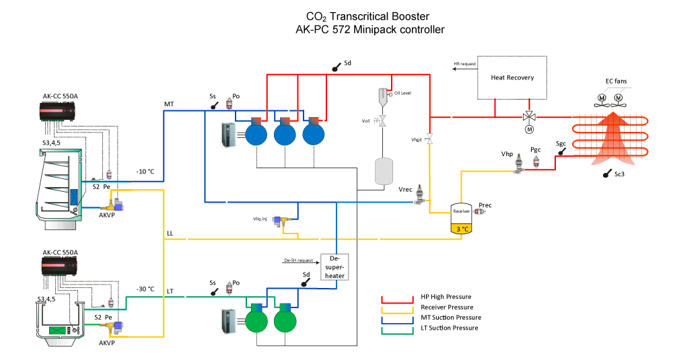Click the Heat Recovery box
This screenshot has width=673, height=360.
pyautogui.click(x=512, y=77)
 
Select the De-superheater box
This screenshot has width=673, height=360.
pyautogui.click(x=334, y=266)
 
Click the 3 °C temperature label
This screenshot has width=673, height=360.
pyautogui.click(x=462, y=229)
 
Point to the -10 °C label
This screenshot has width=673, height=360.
pyautogui.click(x=145, y=172)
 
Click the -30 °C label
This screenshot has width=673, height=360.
pyautogui.click(x=145, y=289)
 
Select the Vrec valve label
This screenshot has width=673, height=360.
pyautogui.click(x=406, y=190)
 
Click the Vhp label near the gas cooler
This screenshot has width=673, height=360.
pyautogui.click(x=507, y=154)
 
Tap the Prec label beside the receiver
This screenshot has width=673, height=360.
pyautogui.click(x=485, y=204)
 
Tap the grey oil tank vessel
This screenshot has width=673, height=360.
pyautogui.click(x=383, y=172)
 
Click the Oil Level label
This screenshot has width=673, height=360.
pyautogui.click(x=402, y=94)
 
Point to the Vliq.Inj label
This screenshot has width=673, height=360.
pyautogui.click(x=260, y=218)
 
